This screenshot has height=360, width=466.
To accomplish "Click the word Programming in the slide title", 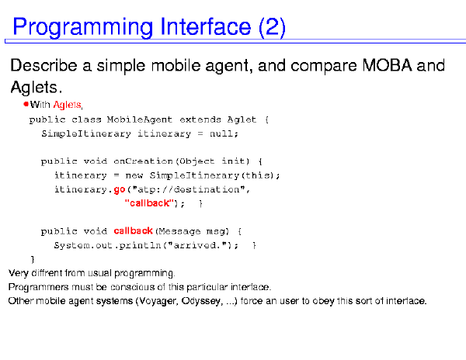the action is (x=82, y=28).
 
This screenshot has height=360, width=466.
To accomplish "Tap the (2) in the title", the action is (x=272, y=27).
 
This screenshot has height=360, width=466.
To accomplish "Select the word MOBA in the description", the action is (x=387, y=65).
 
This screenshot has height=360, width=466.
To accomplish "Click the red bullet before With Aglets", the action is (x=26, y=104).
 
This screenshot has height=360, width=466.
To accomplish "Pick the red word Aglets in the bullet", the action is (x=67, y=105).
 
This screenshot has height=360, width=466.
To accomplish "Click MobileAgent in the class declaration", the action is (x=139, y=119).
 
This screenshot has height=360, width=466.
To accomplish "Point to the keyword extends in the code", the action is (x=200, y=119).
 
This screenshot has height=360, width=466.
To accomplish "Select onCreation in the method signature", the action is (x=143, y=161).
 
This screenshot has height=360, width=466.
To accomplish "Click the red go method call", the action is (x=120, y=190).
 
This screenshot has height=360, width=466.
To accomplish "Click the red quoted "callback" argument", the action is (x=149, y=203).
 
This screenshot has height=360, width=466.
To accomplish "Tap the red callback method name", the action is (x=133, y=230).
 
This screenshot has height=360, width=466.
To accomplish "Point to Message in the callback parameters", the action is (x=179, y=231).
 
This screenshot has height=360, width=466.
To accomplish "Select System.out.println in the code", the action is (x=107, y=245).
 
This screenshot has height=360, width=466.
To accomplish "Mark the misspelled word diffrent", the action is (x=47, y=273).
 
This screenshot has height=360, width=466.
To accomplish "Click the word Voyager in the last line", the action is (x=157, y=301).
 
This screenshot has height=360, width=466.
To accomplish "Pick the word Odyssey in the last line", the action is (x=201, y=301).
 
